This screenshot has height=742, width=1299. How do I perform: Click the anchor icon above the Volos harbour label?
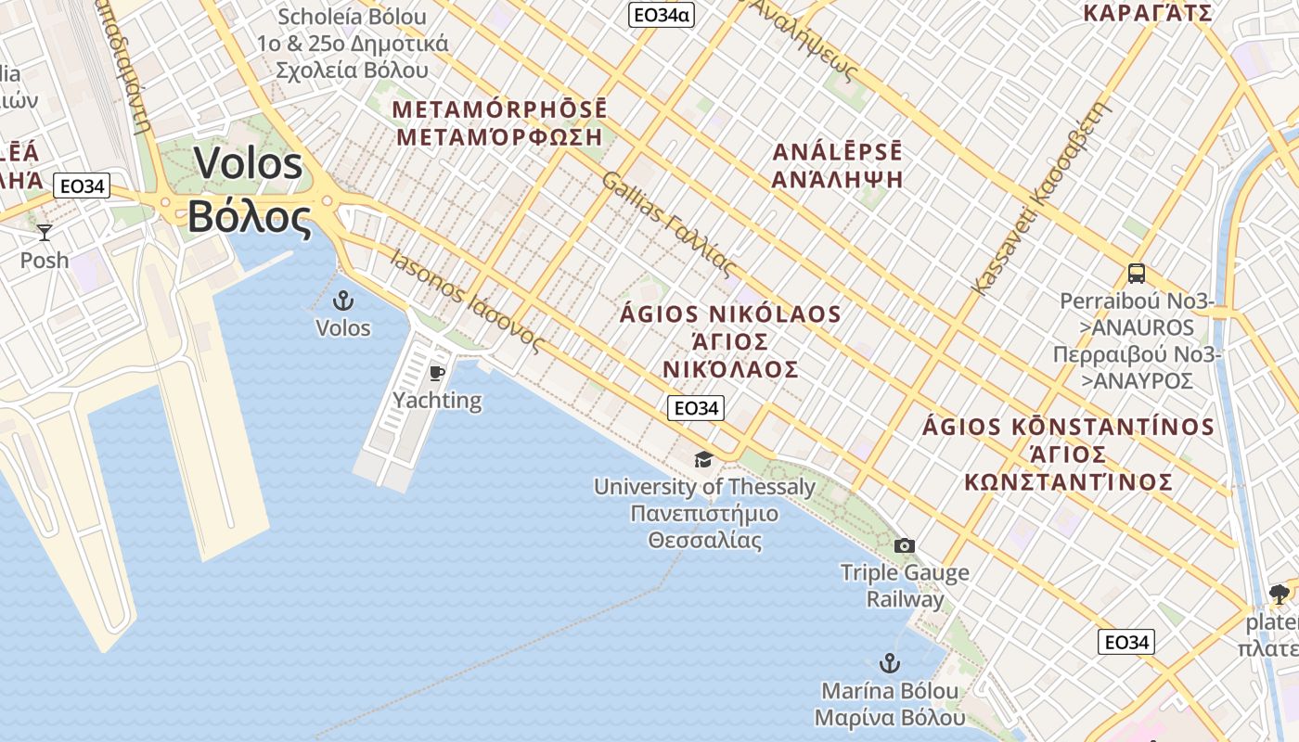coord(343,300)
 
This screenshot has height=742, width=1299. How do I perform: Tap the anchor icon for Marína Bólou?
coord(890,663)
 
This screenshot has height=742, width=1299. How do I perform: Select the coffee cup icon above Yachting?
coord(436,374)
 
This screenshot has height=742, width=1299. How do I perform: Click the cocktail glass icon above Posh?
coord(44,233)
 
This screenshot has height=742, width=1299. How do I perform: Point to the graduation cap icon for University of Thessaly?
coord(704,459)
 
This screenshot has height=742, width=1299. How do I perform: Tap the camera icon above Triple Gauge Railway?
coord(905,545)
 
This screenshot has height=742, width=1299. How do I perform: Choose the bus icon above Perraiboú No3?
coord(1137,274)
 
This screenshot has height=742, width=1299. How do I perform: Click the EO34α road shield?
coord(662,15)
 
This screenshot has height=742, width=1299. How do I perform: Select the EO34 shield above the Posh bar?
coord(82,186)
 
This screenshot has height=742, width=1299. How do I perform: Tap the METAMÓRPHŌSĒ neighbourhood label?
coord(499,109)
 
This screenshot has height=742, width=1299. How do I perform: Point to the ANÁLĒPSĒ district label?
coord(837,152)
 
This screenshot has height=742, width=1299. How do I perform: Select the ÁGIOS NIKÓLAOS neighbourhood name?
coord(730,314)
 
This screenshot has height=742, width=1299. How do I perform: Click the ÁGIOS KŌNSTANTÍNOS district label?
coord(1068,427)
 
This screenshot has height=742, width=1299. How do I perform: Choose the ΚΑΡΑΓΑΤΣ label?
coord(1148,13)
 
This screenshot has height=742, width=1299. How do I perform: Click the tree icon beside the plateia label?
coord(1279,595)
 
